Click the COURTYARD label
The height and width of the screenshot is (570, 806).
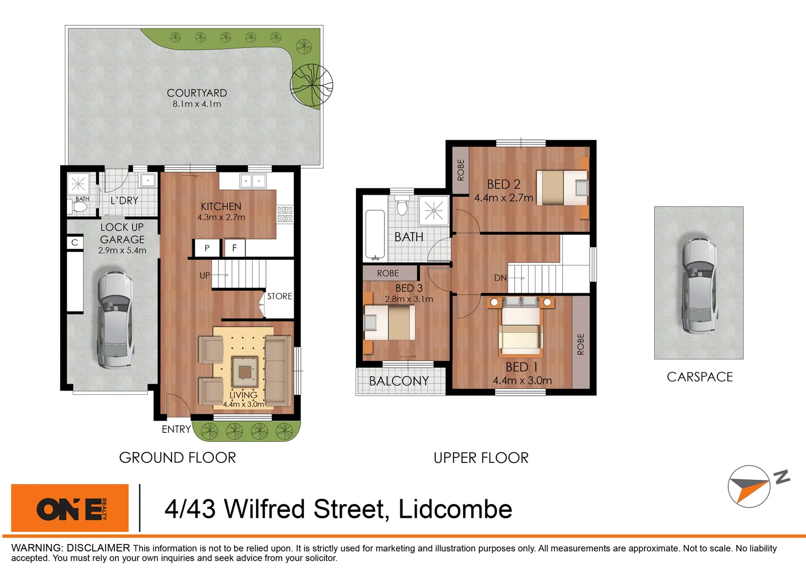coord(197,93)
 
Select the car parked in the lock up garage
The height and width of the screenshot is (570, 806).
coord(114,320)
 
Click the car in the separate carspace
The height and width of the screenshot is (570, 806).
coord(698,285)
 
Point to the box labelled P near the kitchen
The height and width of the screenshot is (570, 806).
coord(207,248)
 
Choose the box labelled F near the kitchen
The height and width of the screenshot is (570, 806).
coord(235,248)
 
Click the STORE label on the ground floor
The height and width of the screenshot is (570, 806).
coord(280,296)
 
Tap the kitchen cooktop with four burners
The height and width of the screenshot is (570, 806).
coord(285,214)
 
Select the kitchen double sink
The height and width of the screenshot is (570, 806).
coord(253,181)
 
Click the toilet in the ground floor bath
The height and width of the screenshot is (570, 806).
coord(79,206)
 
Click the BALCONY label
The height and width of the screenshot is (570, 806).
coord(399,381)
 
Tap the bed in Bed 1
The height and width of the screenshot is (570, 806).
coord(521,328)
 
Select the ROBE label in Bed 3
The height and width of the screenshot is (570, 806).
coord(388,273)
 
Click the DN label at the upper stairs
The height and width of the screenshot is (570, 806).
coord(500,278)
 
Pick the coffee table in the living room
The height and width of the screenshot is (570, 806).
coord(245,372)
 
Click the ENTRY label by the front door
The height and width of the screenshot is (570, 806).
coord(176,429)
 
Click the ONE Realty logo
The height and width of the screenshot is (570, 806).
coord(70,508)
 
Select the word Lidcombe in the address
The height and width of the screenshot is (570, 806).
coord(455,509)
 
